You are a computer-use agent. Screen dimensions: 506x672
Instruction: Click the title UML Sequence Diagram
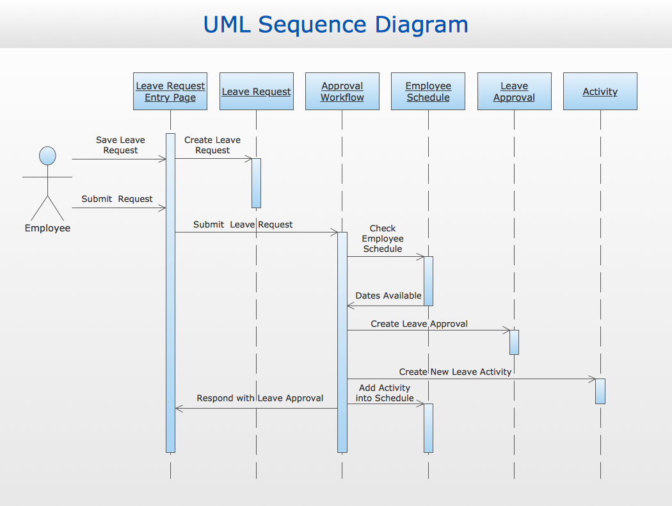[335, 24]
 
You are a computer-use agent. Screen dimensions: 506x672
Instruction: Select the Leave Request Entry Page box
[170, 92]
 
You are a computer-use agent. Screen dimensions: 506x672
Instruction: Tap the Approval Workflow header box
[342, 92]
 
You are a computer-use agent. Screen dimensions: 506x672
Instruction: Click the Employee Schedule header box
[428, 92]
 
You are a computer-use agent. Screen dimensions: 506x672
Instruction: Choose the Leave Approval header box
[514, 92]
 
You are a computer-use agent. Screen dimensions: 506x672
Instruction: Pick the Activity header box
[600, 92]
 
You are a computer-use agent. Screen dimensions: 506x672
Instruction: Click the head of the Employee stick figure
[47, 156]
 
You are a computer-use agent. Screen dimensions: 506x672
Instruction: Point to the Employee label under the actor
[47, 228]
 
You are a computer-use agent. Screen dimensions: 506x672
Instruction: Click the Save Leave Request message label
[120, 145]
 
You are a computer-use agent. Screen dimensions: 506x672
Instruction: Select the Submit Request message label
[117, 199]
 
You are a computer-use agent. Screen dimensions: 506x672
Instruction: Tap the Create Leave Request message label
[212, 145]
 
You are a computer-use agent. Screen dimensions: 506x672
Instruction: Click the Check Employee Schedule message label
[383, 238]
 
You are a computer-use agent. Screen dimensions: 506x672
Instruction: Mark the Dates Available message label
[388, 295]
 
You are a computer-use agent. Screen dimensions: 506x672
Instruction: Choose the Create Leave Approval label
[419, 323]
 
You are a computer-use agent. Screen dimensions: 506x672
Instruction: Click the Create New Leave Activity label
[455, 371]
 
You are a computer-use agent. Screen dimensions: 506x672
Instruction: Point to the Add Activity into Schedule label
[385, 393]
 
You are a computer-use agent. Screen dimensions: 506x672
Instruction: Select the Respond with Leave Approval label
[260, 398]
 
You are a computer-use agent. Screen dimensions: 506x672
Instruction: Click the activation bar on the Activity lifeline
[600, 391]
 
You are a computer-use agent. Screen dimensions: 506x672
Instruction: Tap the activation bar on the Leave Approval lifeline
[514, 342]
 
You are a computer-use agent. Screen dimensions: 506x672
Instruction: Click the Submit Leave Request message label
[243, 224]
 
